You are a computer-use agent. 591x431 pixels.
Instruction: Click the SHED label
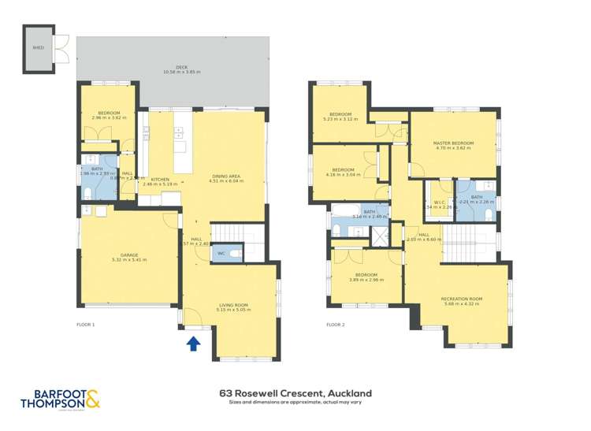(38, 47)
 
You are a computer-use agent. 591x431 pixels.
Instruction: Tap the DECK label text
(182, 67)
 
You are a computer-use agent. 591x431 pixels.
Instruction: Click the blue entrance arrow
(191, 343)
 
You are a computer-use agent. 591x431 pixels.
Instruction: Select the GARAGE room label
(129, 255)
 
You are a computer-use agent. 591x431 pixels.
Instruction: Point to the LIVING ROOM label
(233, 305)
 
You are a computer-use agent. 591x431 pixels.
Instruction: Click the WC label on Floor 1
(221, 253)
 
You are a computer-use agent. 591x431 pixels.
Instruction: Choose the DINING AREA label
(226, 176)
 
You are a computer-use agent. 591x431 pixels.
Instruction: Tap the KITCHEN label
(160, 180)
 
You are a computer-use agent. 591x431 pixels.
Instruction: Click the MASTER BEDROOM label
(452, 143)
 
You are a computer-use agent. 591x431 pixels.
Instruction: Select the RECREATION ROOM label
(462, 299)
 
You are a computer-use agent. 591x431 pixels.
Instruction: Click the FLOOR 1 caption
(85, 325)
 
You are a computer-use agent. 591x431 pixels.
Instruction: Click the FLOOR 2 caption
(336, 325)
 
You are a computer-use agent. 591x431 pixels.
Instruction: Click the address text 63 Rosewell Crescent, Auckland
(295, 392)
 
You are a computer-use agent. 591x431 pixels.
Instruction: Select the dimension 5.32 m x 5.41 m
(129, 260)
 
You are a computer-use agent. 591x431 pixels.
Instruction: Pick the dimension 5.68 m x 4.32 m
(462, 305)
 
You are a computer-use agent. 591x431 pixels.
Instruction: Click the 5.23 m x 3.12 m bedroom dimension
(340, 120)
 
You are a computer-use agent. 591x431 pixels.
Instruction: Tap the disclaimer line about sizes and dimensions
(295, 403)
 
